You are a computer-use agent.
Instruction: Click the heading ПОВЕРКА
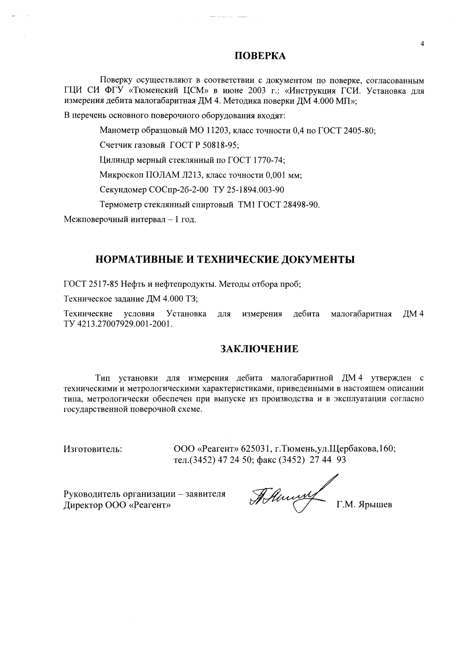pyautogui.click(x=260, y=56)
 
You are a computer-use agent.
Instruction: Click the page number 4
pyautogui.click(x=422, y=44)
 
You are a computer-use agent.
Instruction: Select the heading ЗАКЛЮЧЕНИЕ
pyautogui.click(x=259, y=349)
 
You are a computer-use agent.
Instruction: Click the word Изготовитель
pyautogui.click(x=93, y=449)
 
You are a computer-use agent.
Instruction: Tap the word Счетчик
pyautogui.click(x=114, y=145)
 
